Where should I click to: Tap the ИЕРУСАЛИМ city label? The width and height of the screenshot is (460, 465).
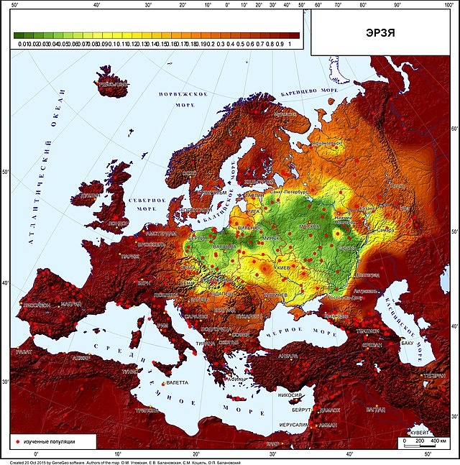(293, 425)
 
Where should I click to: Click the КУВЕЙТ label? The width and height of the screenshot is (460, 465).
(418, 433)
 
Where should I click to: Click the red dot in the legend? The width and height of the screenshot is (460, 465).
(16, 439)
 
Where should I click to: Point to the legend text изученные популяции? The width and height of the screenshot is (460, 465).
(49, 439)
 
